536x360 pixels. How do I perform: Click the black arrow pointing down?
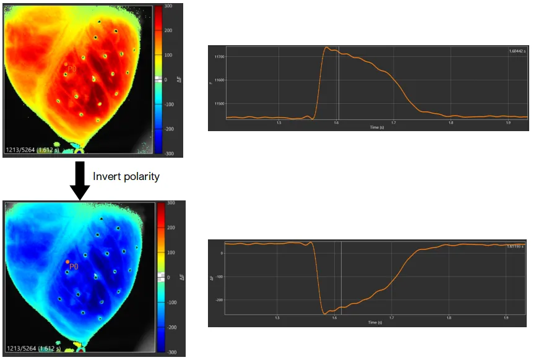coord(80,180)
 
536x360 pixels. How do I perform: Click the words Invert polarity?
coord(126,177)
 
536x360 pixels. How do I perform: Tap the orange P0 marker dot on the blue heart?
coord(67,262)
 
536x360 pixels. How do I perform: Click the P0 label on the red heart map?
coord(72,70)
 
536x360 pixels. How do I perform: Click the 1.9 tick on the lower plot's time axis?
coord(506,319)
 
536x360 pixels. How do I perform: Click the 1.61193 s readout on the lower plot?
coord(514,246)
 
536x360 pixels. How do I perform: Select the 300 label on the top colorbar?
coord(168,6)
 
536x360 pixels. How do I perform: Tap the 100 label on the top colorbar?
coord(168,55)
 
